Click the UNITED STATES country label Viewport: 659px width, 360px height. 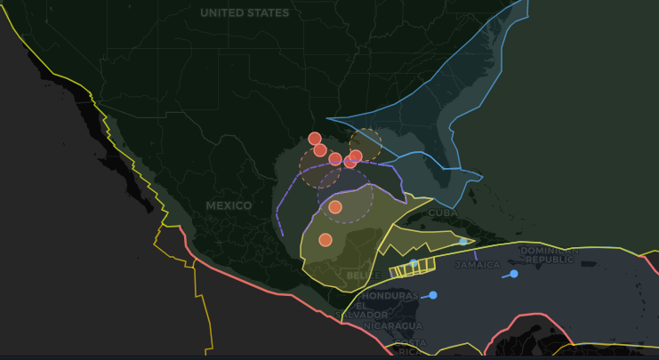point(245,13)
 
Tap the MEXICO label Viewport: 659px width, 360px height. point(229,205)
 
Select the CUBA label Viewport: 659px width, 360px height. point(443,212)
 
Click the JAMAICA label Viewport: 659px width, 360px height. point(478,265)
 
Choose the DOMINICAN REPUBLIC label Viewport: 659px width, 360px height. point(549,255)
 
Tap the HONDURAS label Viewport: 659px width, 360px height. point(390,295)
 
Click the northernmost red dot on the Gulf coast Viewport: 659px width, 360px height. point(314,138)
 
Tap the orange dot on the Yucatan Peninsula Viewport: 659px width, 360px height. point(325,239)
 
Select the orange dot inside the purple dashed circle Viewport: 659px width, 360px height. point(335,207)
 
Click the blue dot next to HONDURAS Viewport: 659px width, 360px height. point(433,295)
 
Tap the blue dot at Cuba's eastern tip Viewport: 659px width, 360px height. point(463,241)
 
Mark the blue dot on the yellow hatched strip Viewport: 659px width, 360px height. point(414,262)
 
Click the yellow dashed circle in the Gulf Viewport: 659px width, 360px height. point(366,143)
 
